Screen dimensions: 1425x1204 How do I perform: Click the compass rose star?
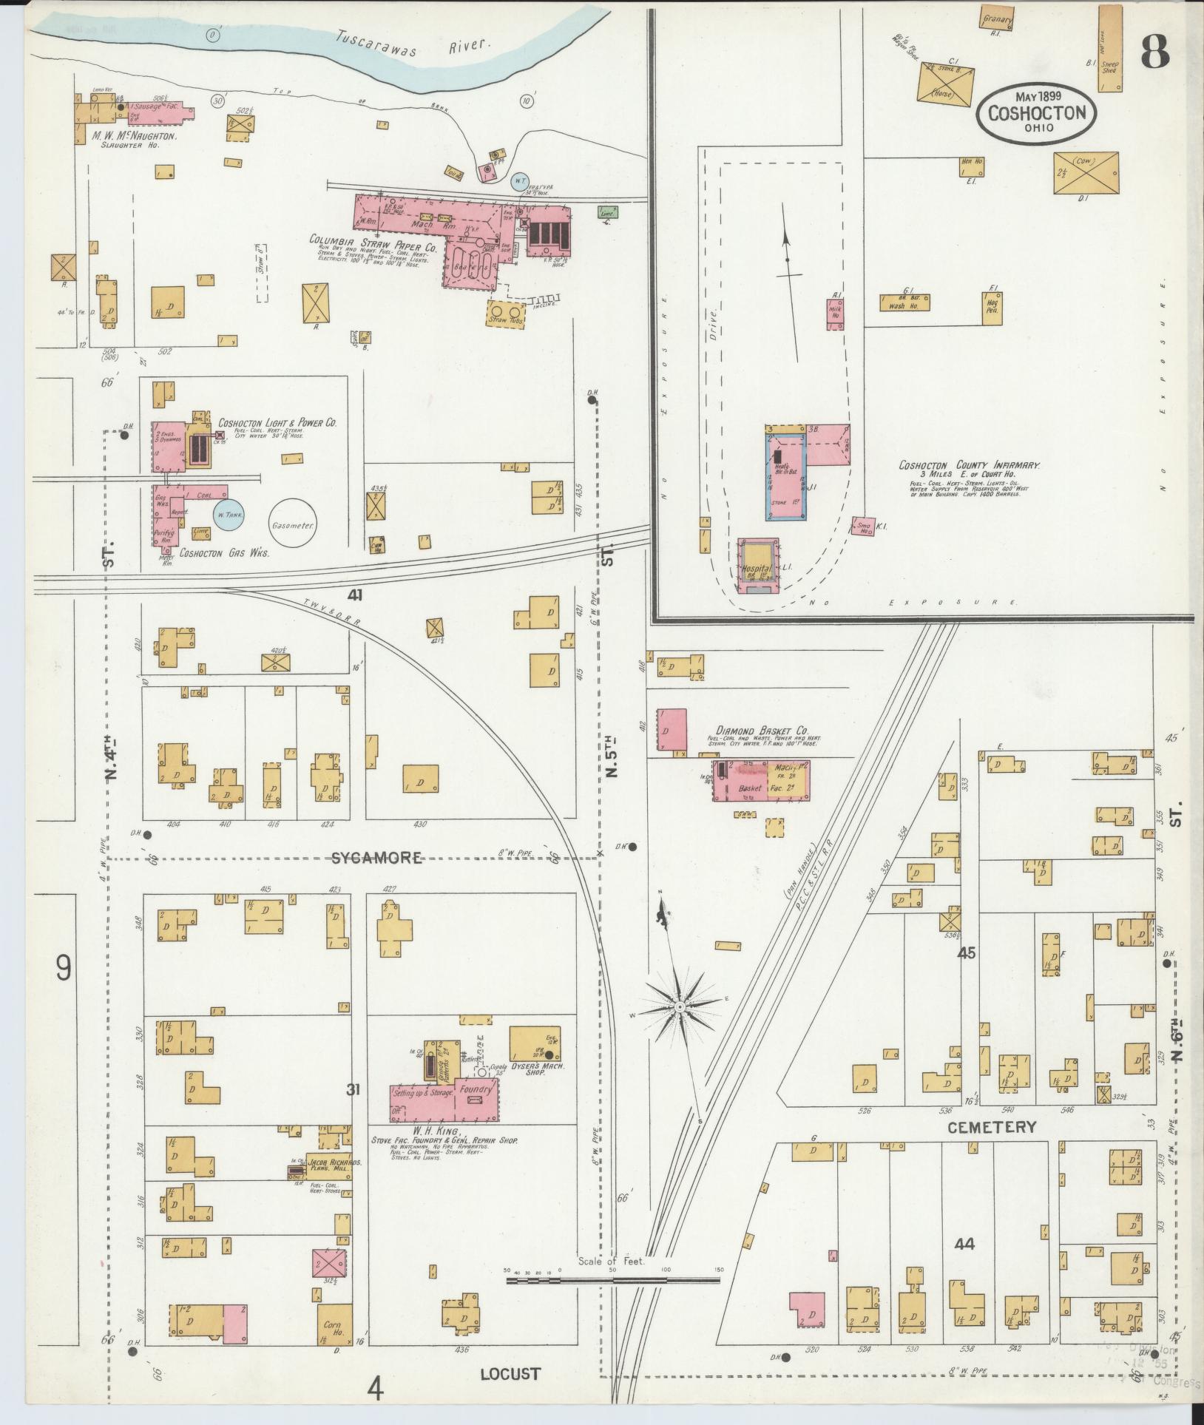coord(679,1007)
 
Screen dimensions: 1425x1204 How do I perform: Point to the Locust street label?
coord(510,1374)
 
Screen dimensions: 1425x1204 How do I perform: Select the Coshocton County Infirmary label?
coord(969,465)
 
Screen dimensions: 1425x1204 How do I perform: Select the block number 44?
coord(964,1244)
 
